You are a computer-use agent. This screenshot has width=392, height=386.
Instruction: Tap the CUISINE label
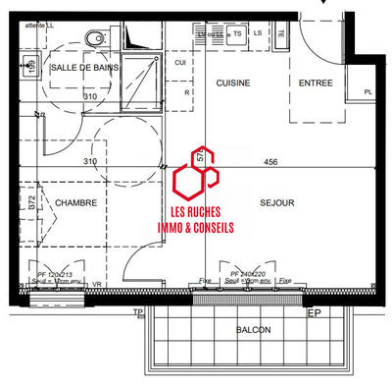[235, 84]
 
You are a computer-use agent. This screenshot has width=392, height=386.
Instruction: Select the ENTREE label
[315, 84]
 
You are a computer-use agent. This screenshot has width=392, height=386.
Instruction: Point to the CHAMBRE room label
[74, 203]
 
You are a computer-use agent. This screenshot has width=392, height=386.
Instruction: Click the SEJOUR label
[277, 203]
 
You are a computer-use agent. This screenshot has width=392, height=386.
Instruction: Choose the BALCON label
[253, 330]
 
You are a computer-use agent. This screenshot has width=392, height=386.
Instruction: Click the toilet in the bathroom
[95, 39]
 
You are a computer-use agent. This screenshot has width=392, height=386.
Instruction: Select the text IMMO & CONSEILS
[195, 227]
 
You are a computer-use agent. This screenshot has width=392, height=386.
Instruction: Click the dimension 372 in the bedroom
[32, 203]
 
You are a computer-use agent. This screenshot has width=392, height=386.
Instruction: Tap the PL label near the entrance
[367, 92]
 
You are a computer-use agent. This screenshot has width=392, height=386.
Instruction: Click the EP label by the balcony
[315, 313]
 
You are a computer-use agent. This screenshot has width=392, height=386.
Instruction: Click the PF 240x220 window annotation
[248, 274]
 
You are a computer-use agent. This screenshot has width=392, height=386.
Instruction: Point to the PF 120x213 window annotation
[56, 274]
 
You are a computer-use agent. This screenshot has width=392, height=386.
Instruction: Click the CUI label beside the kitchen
[180, 62]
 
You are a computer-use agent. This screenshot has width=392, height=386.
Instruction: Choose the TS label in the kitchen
[237, 32]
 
